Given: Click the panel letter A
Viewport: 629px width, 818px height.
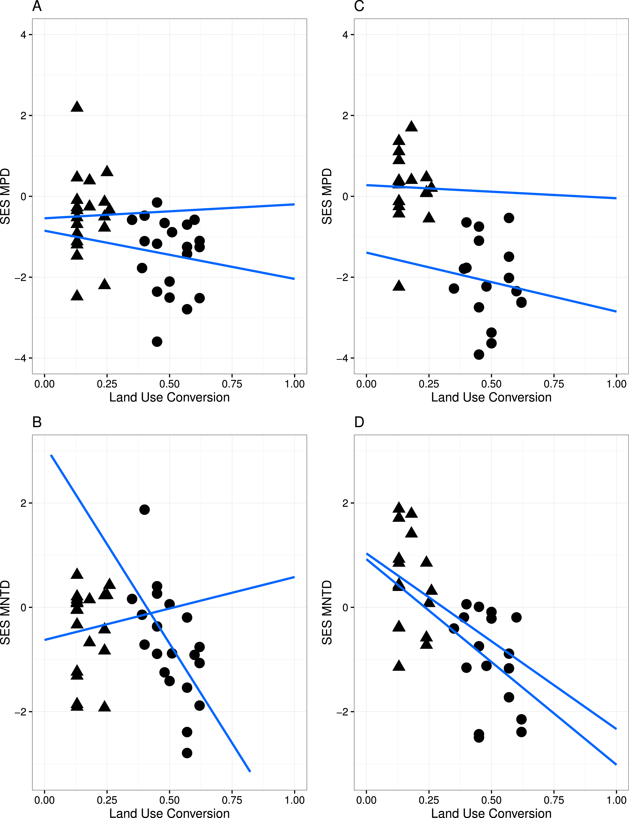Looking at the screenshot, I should pyautogui.click(x=37, y=6).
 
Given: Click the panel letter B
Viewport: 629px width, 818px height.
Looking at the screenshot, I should pyautogui.click(x=37, y=422).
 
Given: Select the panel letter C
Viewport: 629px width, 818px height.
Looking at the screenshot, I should pyautogui.click(x=359, y=6).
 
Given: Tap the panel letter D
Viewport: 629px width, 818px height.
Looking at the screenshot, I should pyautogui.click(x=359, y=422).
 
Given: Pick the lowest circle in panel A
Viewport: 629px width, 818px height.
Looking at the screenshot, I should pyautogui.click(x=157, y=342).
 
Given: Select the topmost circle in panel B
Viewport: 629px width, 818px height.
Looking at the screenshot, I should pyautogui.click(x=144, y=509).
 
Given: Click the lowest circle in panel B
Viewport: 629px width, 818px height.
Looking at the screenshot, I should pyautogui.click(x=187, y=753).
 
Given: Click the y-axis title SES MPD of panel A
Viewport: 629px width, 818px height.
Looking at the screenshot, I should pyautogui.click(x=5, y=196).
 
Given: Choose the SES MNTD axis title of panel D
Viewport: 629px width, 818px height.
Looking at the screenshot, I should pyautogui.click(x=327, y=612).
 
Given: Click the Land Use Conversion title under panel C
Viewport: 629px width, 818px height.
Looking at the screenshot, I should pyautogui.click(x=491, y=397).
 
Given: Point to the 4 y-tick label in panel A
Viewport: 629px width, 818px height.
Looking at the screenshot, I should pyautogui.click(x=23, y=35).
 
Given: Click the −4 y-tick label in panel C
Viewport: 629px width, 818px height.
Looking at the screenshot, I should pyautogui.click(x=342, y=358).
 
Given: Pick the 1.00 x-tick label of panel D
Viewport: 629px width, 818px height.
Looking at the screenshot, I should pyautogui.click(x=616, y=800).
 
